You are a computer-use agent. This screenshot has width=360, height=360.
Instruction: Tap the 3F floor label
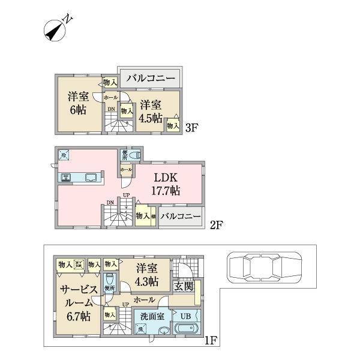tap(191, 127)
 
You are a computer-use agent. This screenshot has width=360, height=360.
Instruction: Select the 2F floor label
tap(216, 226)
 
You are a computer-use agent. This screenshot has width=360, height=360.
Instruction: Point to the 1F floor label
tap(210, 342)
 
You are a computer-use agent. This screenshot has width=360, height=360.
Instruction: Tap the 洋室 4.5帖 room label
tap(150, 111)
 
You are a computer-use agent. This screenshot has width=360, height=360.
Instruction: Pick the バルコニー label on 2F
tap(181, 217)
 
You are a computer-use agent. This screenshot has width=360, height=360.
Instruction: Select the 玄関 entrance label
tap(184, 287)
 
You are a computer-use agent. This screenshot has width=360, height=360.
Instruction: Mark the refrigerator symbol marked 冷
tap(64, 154)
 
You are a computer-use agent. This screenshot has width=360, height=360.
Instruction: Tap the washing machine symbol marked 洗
tap(140, 329)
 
